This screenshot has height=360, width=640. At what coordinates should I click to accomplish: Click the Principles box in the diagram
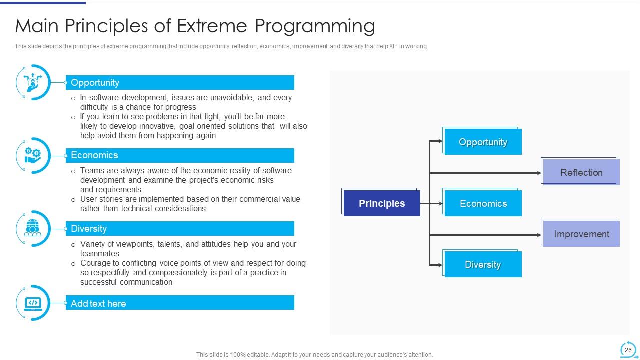[381, 203]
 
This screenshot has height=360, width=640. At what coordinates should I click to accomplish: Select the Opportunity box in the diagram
[482, 142]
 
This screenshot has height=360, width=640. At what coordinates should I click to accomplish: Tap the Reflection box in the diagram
[581, 172]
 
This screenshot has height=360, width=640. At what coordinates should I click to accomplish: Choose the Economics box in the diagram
[482, 203]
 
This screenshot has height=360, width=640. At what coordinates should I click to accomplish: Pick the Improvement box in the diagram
[581, 234]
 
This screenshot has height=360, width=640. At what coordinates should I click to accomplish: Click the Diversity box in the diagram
[482, 264]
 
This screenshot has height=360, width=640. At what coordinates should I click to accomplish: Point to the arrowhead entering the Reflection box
[539, 173]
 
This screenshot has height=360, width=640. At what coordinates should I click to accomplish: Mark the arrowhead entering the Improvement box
[539, 235]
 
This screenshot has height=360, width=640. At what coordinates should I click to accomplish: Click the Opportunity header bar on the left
[180, 82]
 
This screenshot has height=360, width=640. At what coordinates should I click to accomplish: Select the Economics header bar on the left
[180, 155]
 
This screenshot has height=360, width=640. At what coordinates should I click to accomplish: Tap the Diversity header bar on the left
[180, 228]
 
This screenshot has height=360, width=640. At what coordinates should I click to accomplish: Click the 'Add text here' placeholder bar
[180, 303]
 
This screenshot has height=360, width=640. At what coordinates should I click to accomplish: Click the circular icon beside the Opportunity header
[33, 82]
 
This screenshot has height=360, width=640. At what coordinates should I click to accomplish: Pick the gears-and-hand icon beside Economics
[33, 155]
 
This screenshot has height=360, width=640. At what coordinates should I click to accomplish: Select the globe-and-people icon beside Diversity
[33, 228]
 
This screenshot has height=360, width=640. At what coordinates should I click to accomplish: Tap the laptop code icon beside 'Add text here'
[33, 303]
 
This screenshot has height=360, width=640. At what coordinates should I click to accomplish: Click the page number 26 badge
[628, 350]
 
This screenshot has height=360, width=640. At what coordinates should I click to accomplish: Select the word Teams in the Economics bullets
[92, 170]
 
